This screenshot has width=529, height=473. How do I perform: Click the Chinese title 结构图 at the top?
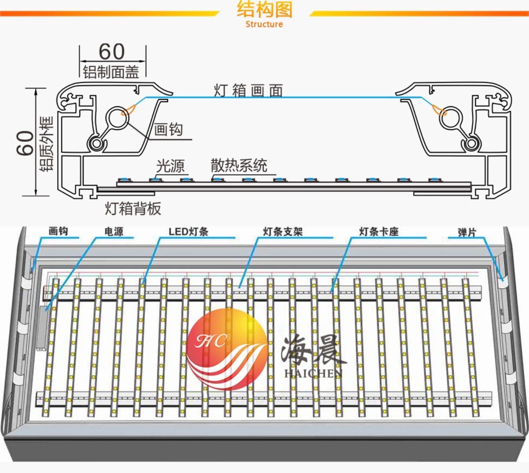click(x=264, y=10)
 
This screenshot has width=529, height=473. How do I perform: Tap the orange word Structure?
click(x=264, y=24)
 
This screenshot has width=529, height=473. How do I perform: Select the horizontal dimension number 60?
click(x=111, y=52)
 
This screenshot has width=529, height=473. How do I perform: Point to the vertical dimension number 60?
click(x=25, y=143)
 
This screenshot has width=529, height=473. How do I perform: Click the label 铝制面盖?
click(x=111, y=72)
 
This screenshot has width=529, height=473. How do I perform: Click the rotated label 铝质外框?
click(x=47, y=144)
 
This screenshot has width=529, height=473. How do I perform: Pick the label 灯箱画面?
click(x=248, y=91)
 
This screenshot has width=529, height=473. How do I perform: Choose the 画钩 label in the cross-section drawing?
click(x=168, y=130)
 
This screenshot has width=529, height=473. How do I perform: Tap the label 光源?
click(x=170, y=166)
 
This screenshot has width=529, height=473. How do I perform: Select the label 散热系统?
click(x=239, y=165)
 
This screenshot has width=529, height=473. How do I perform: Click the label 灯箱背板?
click(x=133, y=209)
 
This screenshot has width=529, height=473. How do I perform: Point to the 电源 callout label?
click(x=114, y=231)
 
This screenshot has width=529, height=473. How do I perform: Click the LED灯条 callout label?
click(x=188, y=231)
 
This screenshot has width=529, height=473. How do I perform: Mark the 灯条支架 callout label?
click(x=283, y=231)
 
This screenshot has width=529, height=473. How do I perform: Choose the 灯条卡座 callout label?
click(x=379, y=231)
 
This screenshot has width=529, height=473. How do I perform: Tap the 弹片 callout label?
click(x=467, y=232)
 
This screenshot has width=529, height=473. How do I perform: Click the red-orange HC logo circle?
click(x=227, y=349)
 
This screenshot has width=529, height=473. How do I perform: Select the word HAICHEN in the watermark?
click(x=314, y=373)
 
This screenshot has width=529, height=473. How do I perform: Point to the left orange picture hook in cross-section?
click(x=128, y=110)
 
